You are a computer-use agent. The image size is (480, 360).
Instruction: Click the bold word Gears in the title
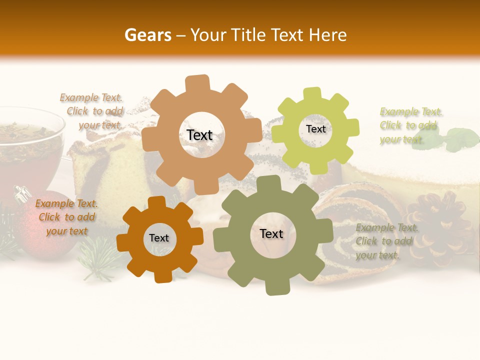coord(147,35)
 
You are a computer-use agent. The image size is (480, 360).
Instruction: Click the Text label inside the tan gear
coord(199,135)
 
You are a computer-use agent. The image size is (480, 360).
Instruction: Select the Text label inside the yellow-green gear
coord(315,129)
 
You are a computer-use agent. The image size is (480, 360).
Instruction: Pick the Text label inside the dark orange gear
coord(159,238)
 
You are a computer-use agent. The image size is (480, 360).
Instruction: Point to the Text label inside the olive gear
coord(271,233)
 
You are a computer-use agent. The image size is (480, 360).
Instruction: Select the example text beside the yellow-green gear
coord(410,125)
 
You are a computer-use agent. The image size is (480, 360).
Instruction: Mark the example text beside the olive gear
coord(386,241)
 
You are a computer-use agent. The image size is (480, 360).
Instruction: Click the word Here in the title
coord(328,35)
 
